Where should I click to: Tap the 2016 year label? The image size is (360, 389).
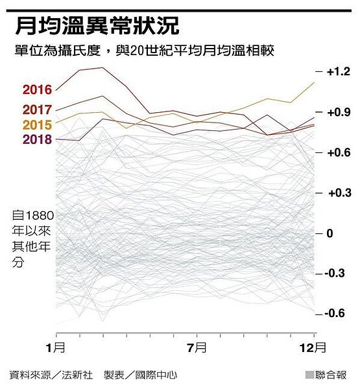point(37,90)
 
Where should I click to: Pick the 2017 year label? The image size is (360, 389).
point(37,110)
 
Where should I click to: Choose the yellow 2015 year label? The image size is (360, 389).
point(37,124)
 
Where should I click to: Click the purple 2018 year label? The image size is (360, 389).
point(37,139)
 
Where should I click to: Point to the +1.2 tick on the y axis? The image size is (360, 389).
point(337,71)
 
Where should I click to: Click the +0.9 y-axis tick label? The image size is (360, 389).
point(337,112)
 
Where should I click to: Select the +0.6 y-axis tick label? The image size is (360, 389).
point(337,152)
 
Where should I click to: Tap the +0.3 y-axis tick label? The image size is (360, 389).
point(337,193)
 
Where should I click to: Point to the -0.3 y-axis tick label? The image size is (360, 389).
point(337,273)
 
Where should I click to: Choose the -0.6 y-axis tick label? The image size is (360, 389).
point(337,313)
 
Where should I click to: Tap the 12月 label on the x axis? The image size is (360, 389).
point(315,347)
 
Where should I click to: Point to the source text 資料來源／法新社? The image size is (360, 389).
point(51,375)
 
